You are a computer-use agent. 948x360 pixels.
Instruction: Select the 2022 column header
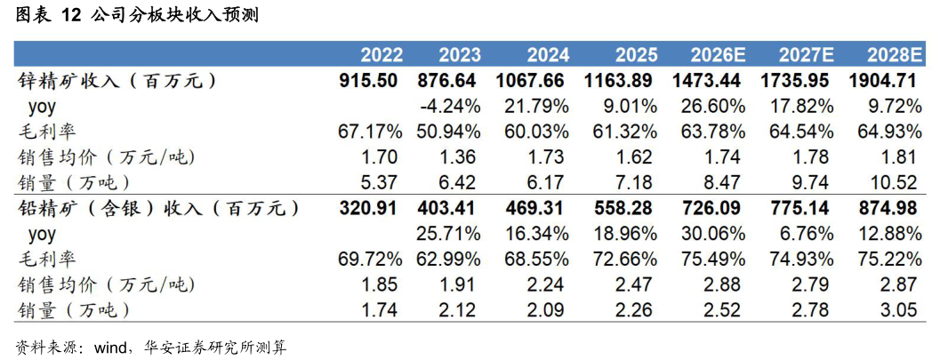[382, 56]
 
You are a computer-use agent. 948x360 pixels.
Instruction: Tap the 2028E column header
[894, 56]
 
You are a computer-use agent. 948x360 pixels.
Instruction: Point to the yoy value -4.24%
[450, 107]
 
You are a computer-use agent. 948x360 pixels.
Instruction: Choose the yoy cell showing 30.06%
[713, 234]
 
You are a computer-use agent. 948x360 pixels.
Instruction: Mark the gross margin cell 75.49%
[713, 260]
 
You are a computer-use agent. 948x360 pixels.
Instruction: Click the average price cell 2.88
[722, 284]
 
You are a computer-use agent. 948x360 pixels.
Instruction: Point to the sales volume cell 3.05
[899, 310]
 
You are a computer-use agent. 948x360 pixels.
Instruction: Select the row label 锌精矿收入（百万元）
[115, 81]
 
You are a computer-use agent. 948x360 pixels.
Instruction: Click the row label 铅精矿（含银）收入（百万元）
[157, 208]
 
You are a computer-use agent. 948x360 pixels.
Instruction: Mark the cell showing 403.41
[447, 208]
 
